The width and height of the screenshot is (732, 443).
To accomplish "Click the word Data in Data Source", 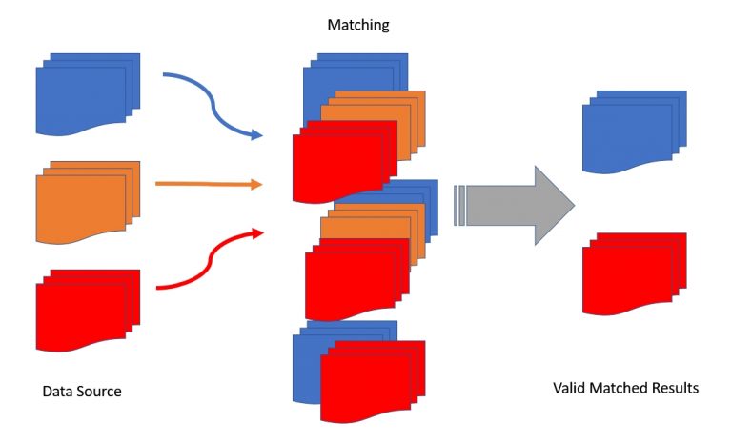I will click(x=58, y=392).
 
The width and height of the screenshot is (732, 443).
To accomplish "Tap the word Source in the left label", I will click(x=99, y=392).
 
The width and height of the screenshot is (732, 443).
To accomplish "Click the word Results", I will click(x=676, y=389).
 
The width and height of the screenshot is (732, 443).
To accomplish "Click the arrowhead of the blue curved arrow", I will click(x=255, y=136).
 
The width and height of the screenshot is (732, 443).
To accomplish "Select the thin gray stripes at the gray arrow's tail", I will click(x=459, y=206).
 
